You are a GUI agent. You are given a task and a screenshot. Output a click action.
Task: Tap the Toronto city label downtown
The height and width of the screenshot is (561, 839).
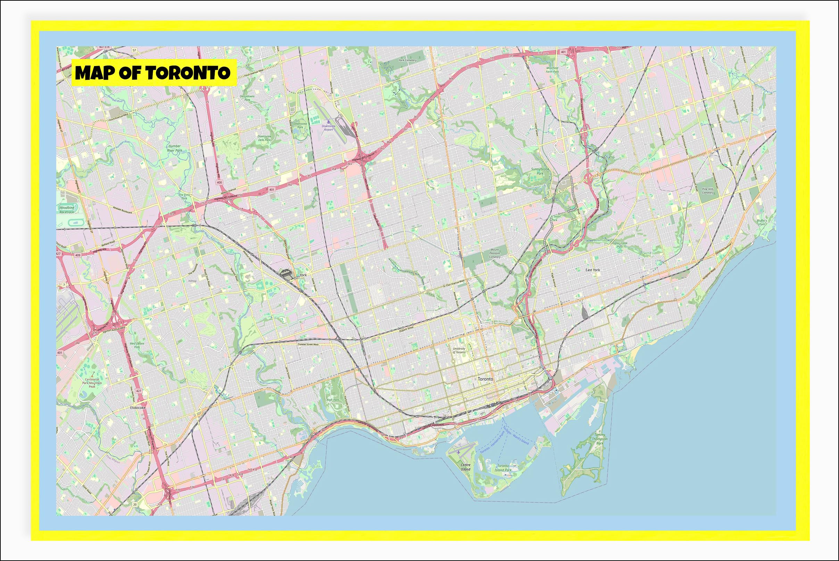[485, 379]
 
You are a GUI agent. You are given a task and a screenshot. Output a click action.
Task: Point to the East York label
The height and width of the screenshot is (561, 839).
[592, 270]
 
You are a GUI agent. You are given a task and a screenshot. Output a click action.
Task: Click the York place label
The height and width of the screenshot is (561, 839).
[303, 275]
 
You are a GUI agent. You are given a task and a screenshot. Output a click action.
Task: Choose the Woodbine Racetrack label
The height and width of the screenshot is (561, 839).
[66, 210]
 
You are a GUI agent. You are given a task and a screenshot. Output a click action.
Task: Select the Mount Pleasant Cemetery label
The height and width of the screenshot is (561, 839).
[495, 253]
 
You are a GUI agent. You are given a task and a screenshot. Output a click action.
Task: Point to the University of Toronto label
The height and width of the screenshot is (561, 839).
[459, 350]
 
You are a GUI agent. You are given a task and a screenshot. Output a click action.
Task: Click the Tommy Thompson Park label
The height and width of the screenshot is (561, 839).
[599, 439]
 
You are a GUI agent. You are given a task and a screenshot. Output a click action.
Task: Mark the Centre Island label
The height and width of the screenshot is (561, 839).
[465, 467]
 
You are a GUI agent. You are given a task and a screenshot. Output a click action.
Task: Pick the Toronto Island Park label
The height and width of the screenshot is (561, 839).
[503, 468]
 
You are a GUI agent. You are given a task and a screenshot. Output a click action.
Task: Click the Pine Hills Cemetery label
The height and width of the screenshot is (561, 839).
[707, 191]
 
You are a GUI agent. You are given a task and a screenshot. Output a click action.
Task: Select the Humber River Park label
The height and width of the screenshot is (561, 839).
[174, 148]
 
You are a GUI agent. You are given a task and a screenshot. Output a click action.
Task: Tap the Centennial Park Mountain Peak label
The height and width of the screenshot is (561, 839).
[92, 383]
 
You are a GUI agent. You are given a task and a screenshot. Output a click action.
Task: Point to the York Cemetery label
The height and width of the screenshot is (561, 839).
[408, 60]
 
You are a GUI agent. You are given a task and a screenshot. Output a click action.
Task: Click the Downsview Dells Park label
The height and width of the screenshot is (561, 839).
[264, 138]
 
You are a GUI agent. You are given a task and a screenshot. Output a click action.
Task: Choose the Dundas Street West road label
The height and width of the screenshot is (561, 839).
[308, 344]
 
